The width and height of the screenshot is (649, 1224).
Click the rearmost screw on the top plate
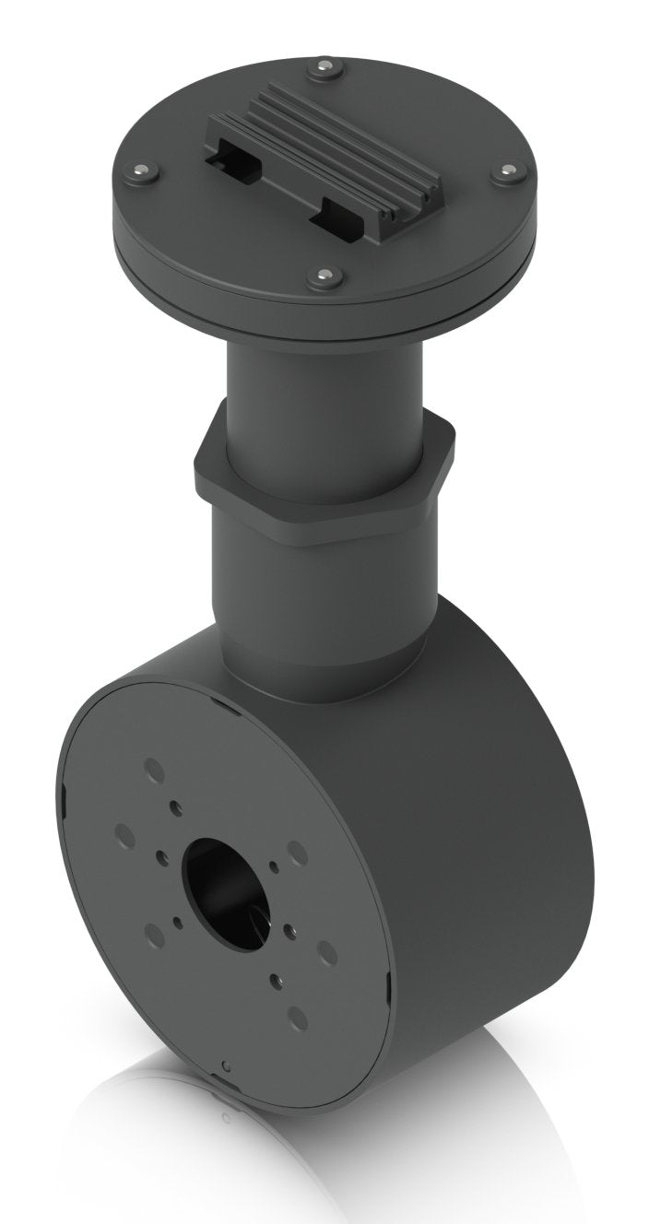[x=324, y=67]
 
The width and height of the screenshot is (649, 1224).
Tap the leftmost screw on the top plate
[x=141, y=171]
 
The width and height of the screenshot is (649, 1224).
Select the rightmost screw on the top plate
[x=509, y=172]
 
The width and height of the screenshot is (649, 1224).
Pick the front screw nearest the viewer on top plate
[x=325, y=276]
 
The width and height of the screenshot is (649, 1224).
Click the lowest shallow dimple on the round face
[x=297, y=1018]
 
